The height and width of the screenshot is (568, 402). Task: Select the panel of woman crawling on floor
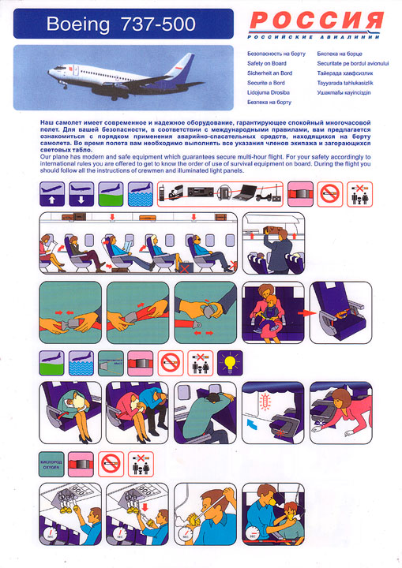coord(340,410)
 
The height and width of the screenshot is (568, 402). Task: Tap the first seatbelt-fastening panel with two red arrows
coord(70,313)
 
